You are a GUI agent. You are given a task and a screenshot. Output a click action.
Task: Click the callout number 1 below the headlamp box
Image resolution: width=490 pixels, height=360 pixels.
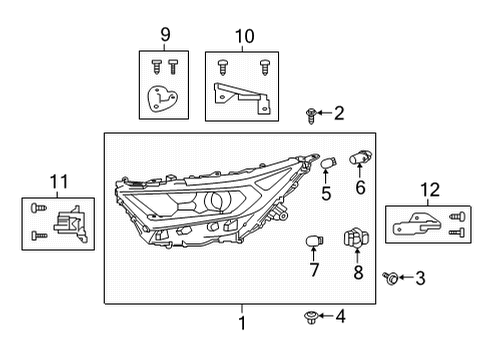click(x=241, y=322)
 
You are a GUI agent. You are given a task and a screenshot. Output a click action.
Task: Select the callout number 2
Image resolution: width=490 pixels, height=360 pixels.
click(x=339, y=113)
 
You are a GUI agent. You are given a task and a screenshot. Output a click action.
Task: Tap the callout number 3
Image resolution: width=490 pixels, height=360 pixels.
click(x=420, y=277)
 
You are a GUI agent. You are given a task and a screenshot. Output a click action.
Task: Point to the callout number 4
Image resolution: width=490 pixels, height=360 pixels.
click(x=340, y=317)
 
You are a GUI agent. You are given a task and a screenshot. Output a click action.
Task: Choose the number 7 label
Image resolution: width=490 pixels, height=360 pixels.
click(x=313, y=270)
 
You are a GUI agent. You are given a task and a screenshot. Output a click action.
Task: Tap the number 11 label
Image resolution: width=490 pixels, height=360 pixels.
click(x=58, y=181)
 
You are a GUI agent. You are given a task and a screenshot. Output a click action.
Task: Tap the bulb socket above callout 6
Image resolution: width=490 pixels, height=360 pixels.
click(x=361, y=156)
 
